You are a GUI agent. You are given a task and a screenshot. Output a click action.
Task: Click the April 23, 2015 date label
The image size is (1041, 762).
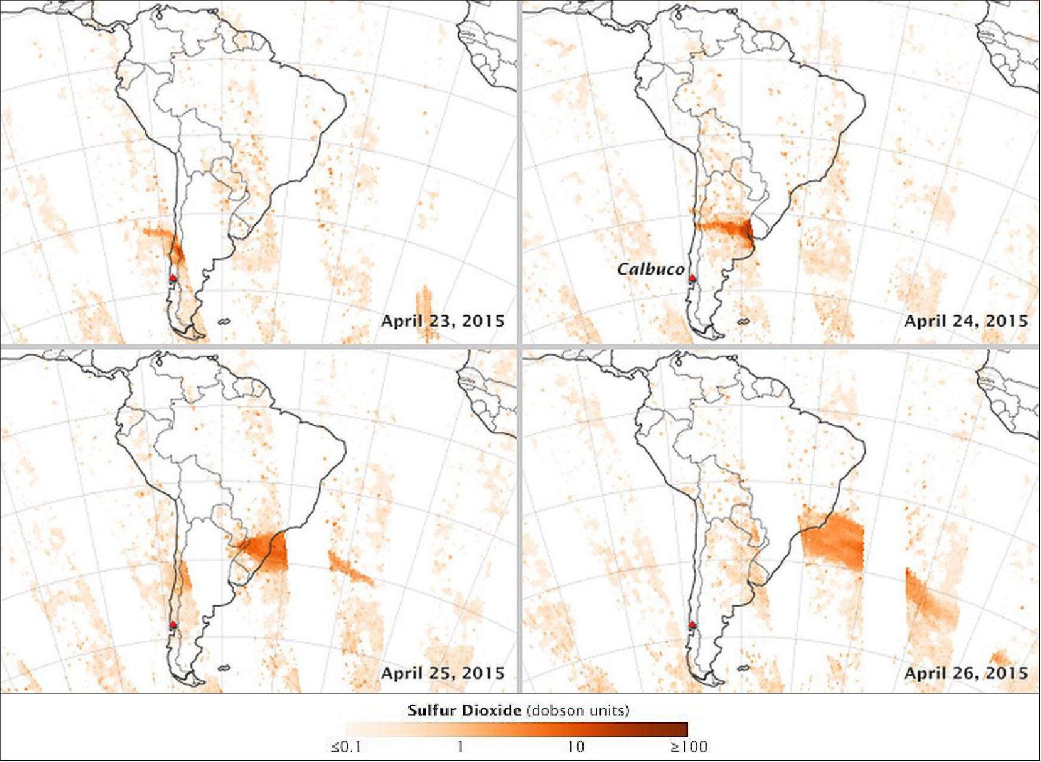tap(442, 321)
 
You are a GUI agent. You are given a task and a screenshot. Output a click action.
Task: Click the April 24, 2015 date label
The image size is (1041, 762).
tap(966, 321)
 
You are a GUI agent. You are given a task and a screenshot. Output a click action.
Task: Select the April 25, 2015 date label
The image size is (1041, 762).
tap(442, 673)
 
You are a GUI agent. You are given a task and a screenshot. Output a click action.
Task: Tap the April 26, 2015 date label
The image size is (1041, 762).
tap(966, 673)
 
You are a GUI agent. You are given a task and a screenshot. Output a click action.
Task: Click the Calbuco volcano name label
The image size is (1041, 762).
tap(650, 269)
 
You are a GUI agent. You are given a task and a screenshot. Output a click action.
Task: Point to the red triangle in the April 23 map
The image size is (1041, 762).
tap(173, 278)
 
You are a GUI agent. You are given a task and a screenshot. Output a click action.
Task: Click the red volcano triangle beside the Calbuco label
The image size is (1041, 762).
tap(692, 278)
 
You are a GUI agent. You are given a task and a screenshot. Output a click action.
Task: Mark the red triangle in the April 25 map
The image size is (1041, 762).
tap(173, 624)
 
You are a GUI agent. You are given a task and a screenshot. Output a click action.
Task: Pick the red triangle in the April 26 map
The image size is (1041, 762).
tap(692, 624)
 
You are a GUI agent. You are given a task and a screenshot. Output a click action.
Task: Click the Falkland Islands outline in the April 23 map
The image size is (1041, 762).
tap(224, 322)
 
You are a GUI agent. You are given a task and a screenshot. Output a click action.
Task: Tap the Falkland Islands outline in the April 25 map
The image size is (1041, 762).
tap(224, 668)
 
